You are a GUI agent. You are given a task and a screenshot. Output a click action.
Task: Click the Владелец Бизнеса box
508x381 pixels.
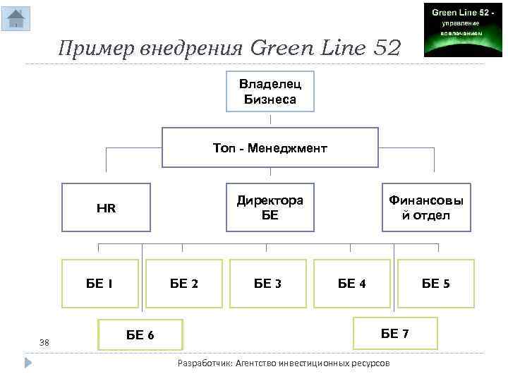270,92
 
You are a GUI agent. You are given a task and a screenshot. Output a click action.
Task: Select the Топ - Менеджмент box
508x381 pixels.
270,147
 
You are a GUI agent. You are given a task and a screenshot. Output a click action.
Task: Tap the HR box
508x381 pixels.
106,208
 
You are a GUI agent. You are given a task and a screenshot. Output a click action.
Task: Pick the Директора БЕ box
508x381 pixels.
270,208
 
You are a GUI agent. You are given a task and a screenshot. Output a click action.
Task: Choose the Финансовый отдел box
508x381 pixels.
426,208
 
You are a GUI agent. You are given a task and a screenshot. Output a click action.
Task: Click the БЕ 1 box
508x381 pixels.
100,284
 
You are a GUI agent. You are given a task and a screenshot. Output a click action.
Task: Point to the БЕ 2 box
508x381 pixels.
184,284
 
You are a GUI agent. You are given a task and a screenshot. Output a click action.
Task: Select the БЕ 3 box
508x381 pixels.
268,284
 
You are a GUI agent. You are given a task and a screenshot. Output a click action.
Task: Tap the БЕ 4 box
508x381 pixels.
351,284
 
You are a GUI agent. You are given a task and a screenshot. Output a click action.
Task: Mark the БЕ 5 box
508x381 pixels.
436,284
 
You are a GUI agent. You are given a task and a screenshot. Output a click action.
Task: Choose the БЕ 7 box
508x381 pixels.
394,334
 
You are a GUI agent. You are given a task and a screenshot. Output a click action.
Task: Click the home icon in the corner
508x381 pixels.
16,19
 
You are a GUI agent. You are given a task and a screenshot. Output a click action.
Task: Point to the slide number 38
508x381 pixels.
44,342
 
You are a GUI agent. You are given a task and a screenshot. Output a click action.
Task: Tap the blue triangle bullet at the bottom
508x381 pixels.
29,363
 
